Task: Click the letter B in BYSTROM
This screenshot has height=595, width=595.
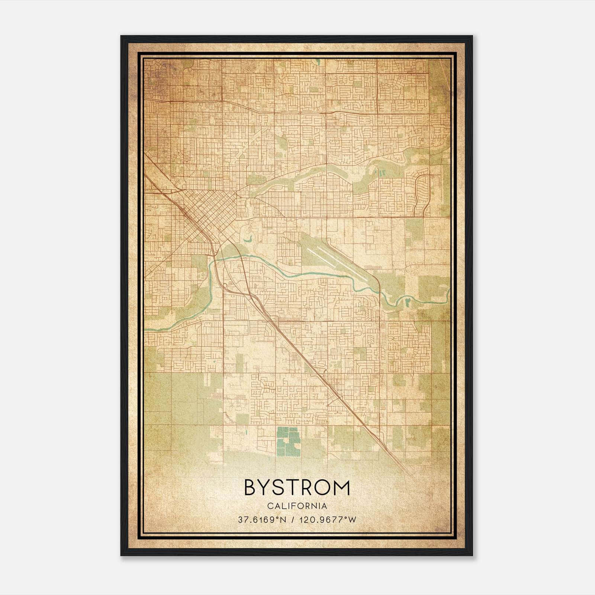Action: pos(251,488)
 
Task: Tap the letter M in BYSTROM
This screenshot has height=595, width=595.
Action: pos(342,488)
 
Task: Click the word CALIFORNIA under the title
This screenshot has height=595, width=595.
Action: pos(297,506)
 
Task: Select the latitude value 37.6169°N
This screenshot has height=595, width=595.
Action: pos(262,520)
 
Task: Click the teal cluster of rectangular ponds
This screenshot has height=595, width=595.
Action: pos(288,441)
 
